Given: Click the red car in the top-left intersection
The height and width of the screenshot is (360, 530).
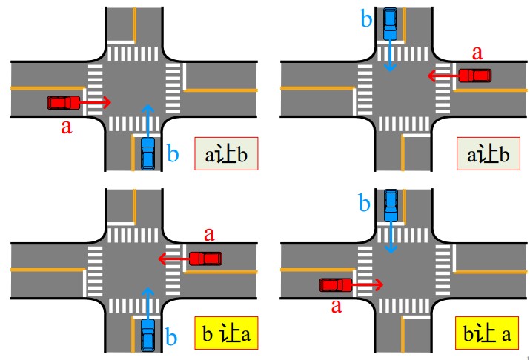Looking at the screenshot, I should [64, 101].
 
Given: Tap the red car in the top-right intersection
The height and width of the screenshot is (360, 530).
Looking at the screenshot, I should [474, 75].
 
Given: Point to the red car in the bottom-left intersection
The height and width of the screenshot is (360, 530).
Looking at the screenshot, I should [205, 259].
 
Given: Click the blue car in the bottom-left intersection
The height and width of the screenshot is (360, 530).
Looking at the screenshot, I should [148, 335].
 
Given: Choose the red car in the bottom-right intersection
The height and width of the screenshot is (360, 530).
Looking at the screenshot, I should [337, 284].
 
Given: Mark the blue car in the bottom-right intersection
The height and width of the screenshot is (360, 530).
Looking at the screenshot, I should [391, 205].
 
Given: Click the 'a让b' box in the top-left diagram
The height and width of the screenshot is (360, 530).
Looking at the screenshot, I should [226, 154].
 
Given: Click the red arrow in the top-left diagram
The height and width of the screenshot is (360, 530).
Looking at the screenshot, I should [96, 101].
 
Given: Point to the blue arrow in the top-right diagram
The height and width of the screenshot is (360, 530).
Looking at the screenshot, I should [391, 56].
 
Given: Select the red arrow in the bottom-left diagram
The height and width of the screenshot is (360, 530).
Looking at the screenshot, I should [173, 259].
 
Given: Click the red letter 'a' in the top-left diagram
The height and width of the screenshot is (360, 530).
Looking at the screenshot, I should [66, 127].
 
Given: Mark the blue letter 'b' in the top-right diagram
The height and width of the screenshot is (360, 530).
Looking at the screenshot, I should [366, 19].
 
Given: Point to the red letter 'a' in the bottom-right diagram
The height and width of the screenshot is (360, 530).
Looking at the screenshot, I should [337, 305].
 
